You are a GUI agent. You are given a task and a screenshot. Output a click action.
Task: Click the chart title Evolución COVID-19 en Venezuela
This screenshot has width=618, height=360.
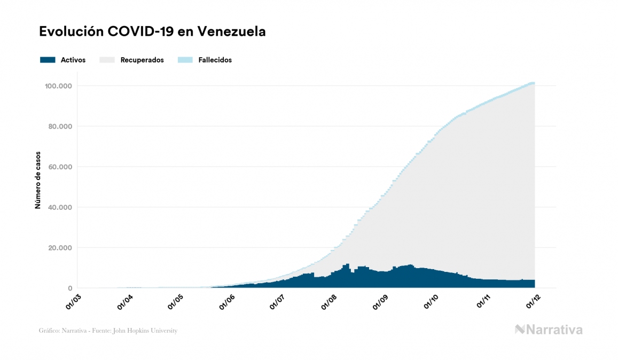(x=152, y=32)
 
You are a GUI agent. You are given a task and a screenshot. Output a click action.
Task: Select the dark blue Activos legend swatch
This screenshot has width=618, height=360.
(x=48, y=60)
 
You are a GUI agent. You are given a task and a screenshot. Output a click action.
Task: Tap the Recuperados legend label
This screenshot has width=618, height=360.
(x=142, y=60)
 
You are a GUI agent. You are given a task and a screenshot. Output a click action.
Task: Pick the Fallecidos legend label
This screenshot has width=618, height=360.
(x=215, y=60)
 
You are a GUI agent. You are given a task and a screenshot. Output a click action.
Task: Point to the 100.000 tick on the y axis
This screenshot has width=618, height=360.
(x=59, y=86)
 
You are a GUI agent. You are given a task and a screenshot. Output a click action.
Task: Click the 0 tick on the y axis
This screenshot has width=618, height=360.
(x=70, y=288)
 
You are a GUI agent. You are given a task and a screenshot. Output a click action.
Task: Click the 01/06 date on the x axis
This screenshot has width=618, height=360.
(x=226, y=301)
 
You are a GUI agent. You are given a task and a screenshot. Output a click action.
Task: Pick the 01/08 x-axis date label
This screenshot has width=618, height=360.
(x=329, y=301)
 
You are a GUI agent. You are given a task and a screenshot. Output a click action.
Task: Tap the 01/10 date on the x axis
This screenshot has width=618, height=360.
(x=432, y=301)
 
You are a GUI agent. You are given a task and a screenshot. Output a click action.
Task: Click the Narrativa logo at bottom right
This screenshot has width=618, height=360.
(x=549, y=330)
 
